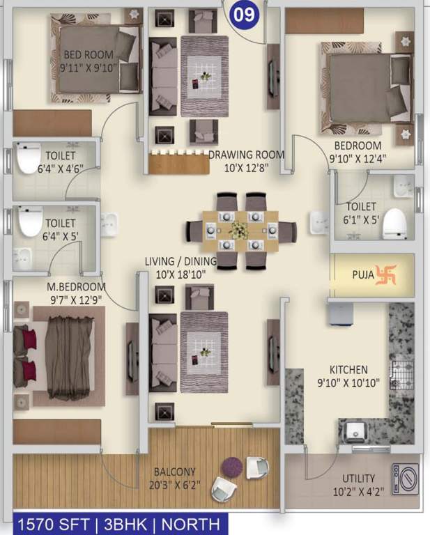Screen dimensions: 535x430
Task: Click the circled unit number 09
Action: coord(243,13)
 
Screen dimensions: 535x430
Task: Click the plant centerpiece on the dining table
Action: coord(240,229)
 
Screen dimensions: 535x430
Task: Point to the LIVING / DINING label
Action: coord(181,261)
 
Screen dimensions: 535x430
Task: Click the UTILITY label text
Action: coord(358,479)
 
